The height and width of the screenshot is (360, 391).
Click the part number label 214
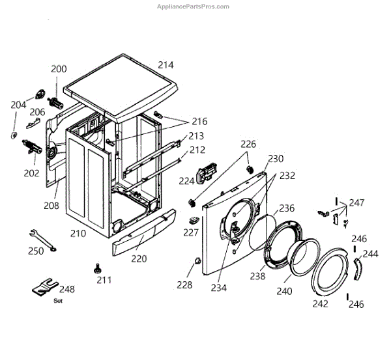point(166,65)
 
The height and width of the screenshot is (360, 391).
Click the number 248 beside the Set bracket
point(67,289)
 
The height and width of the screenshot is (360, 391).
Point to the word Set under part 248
point(57,301)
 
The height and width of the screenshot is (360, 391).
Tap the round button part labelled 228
point(194,262)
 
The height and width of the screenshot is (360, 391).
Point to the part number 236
point(287,208)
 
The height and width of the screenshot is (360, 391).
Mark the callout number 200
point(59,69)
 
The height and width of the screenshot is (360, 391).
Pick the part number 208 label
point(51,206)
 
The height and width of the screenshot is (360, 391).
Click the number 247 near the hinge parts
point(356,203)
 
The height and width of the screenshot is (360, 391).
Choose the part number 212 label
point(197,150)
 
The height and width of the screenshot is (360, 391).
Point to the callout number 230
point(276,159)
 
